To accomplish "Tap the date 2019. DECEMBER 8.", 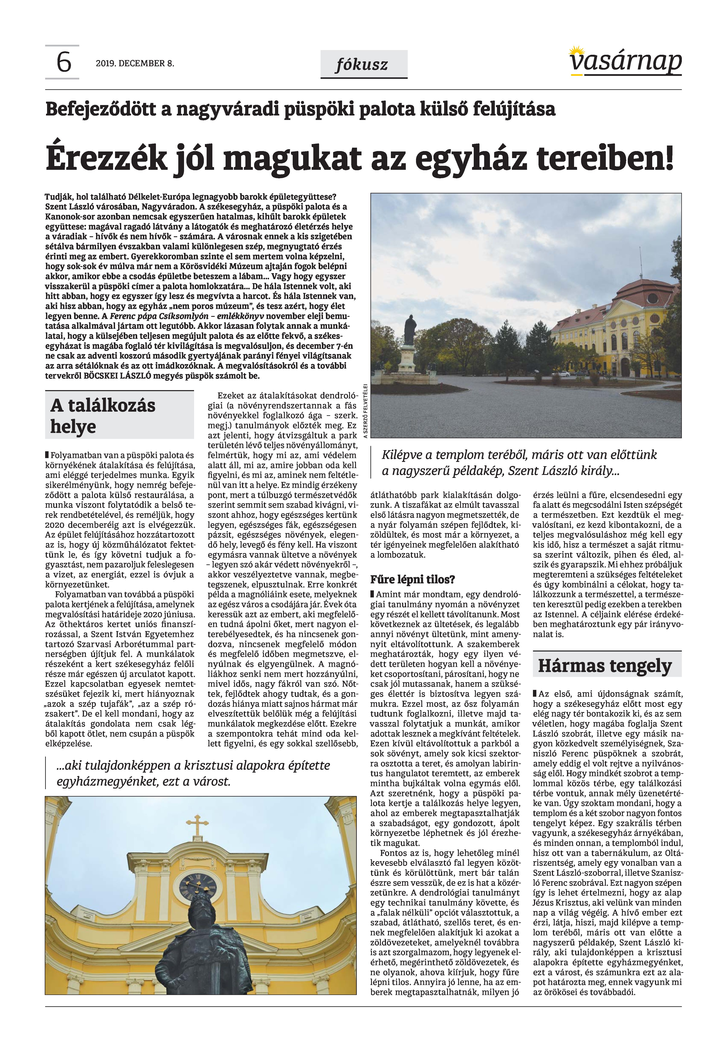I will click(135, 63).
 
